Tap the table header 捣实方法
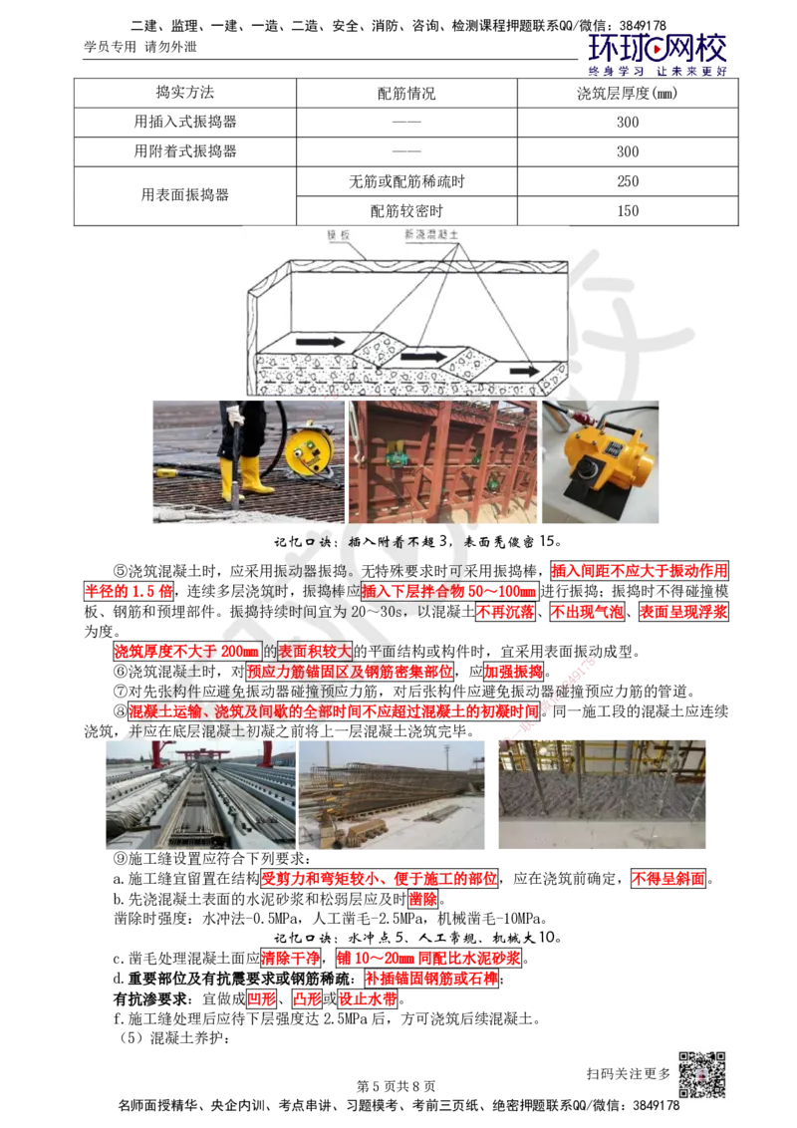pos(185,93)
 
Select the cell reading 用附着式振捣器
pos(185,151)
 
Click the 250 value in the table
pos(628,181)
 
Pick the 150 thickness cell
pos(628,211)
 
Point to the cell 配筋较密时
pos(406,211)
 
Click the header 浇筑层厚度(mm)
pos(628,94)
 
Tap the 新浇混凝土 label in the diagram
pos(430,234)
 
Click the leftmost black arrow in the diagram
pos(319,341)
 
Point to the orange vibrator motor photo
pos(601,461)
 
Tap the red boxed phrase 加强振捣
pos(513,672)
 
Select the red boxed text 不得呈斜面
pos(668,878)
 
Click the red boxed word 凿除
pos(423,899)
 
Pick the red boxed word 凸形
pos(307,999)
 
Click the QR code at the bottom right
pos(701,1075)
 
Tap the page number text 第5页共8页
pos(397,1086)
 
